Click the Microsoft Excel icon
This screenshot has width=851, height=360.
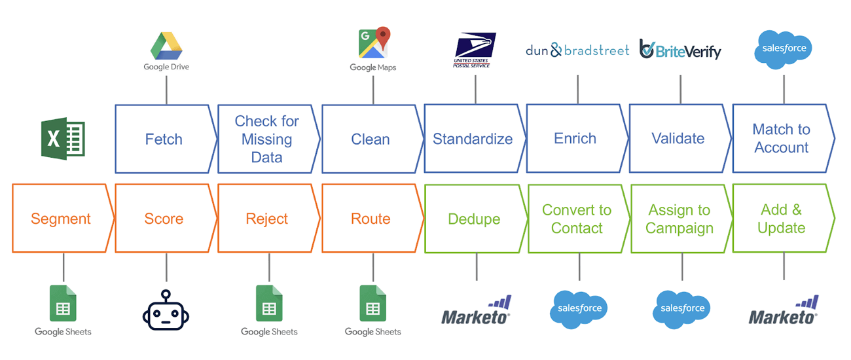[x=63, y=139]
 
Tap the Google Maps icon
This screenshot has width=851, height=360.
[x=373, y=43]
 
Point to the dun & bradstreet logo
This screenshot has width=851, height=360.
[x=577, y=50]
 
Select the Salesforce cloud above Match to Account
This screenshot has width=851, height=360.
[x=784, y=48]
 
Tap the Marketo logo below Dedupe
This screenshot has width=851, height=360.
[x=476, y=311]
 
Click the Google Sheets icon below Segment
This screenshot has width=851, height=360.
[x=63, y=304]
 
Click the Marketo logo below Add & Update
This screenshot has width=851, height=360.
[x=784, y=311]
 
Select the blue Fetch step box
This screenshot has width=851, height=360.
[x=164, y=139]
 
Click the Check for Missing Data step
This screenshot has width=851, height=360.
[x=267, y=139]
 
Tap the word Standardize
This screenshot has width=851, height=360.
[x=473, y=139]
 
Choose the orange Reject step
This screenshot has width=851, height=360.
[x=267, y=219]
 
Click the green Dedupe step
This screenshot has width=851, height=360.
[x=474, y=219]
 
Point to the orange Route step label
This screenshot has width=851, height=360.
[x=371, y=219]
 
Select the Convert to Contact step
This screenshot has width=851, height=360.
[x=577, y=219]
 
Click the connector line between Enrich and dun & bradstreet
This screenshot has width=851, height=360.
[x=577, y=89]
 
